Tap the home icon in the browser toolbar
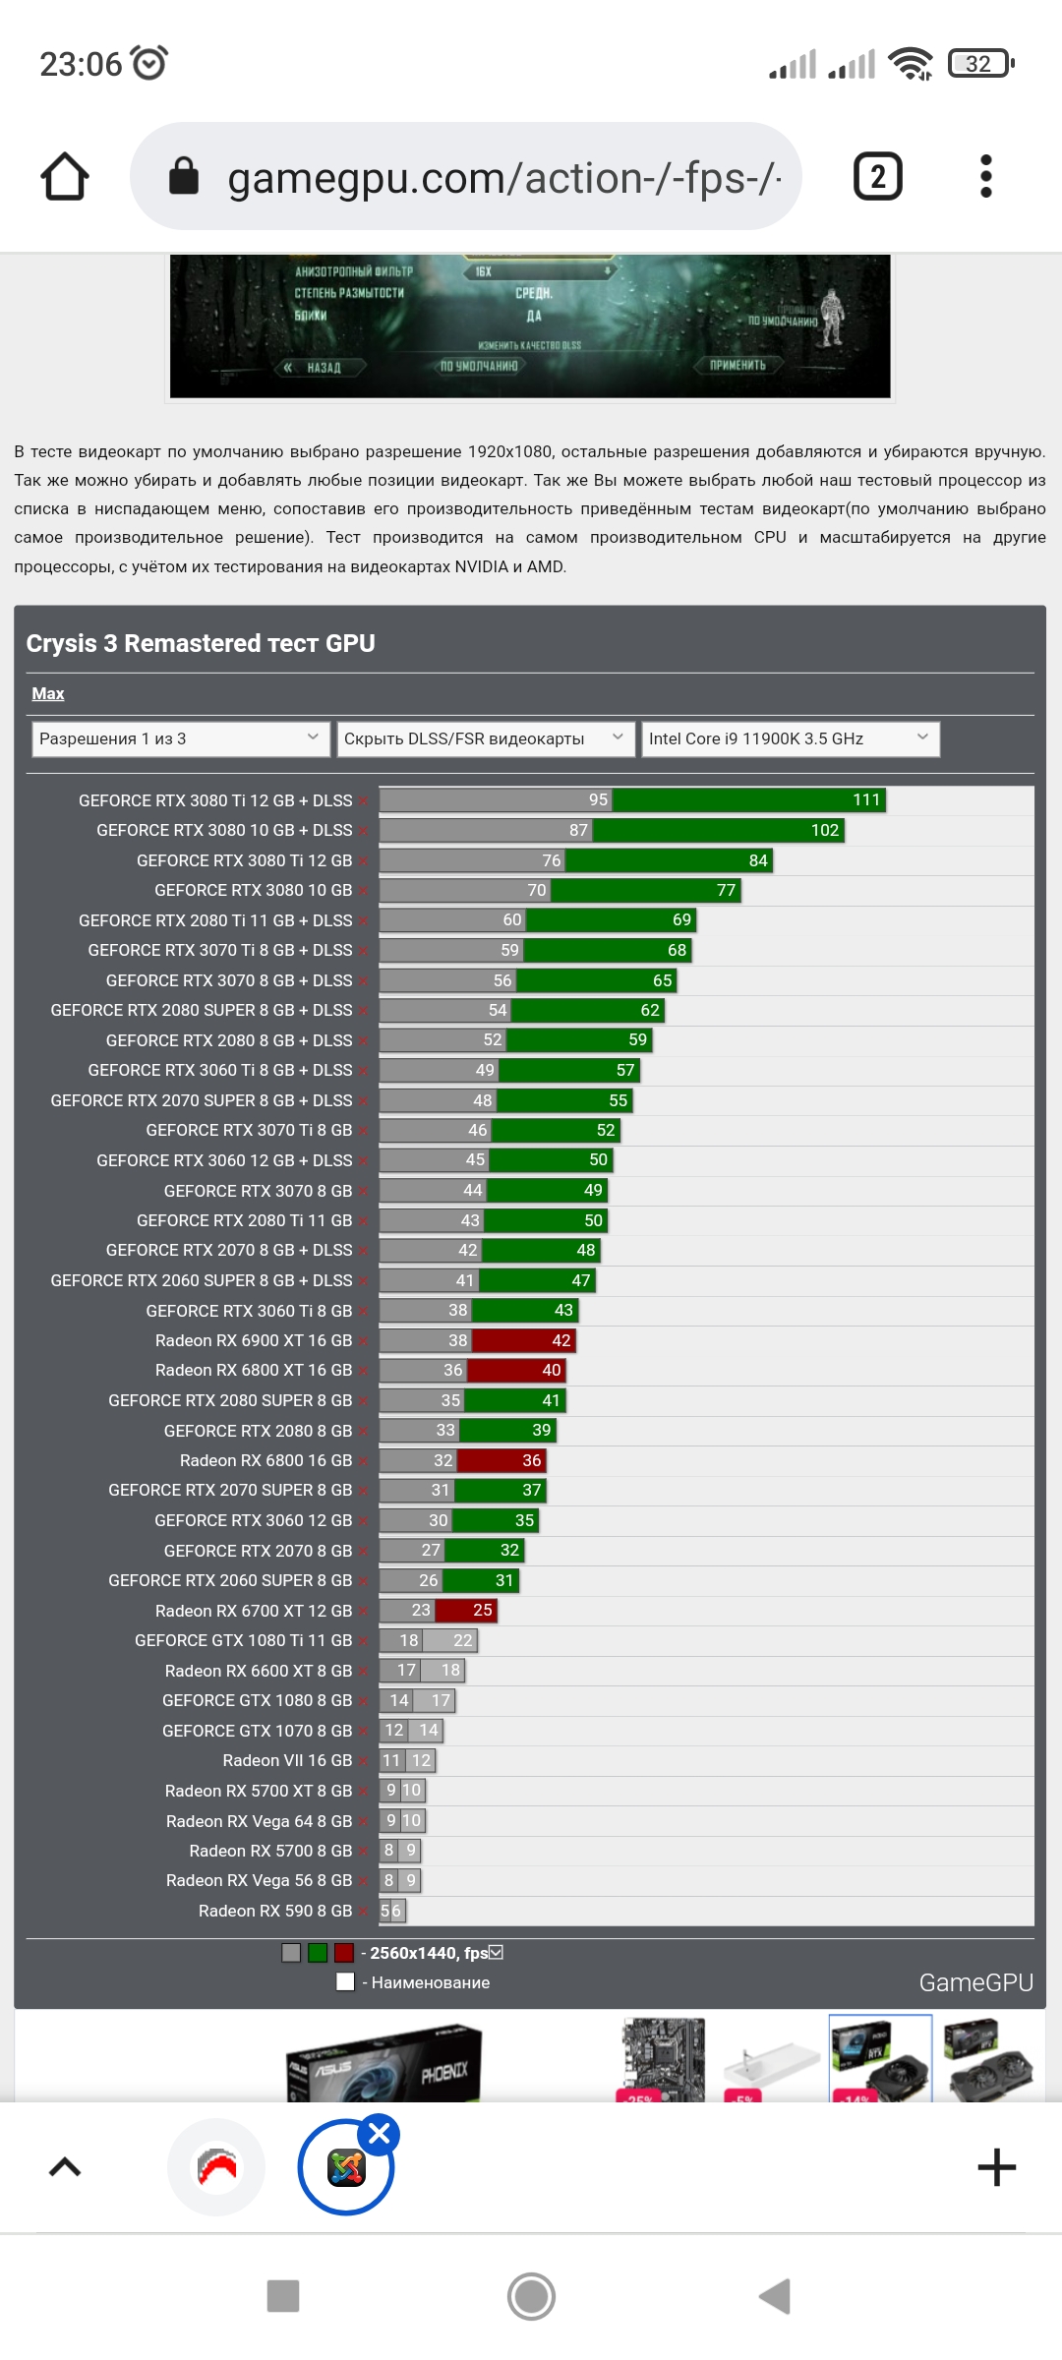(x=65, y=177)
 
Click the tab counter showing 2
(x=877, y=177)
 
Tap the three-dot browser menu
(x=986, y=177)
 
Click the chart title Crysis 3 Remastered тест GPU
(x=201, y=643)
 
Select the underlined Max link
(x=47, y=694)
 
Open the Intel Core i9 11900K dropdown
(x=790, y=738)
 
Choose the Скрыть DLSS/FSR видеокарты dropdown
(x=485, y=738)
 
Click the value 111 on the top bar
(x=866, y=799)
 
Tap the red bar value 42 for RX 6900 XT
(x=561, y=1340)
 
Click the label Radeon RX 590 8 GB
(x=275, y=1911)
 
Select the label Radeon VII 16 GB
(x=287, y=1760)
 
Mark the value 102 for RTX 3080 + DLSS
(x=825, y=830)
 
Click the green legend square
(x=318, y=1953)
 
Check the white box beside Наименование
(x=345, y=1982)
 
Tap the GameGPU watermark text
(x=975, y=1982)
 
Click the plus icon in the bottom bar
(x=996, y=2167)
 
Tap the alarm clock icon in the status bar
(x=149, y=63)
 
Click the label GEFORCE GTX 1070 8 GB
(x=257, y=1731)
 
